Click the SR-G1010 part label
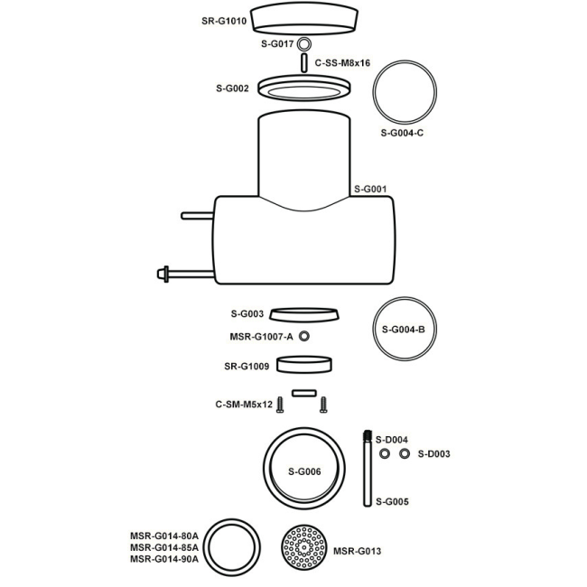coord(224,21)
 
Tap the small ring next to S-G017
coord(304,44)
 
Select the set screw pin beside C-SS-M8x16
coord(304,63)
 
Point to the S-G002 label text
coord(232,89)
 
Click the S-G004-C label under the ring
coord(402,133)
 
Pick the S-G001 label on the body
coord(370,189)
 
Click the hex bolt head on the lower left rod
coord(163,274)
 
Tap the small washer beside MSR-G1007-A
coord(304,336)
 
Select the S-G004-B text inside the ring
coord(403,330)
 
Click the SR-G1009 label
coord(247,366)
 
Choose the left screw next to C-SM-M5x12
coord(280,405)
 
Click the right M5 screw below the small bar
coord(323,405)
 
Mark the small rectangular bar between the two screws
coord(304,393)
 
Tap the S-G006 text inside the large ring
coord(304,471)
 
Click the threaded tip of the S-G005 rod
coord(368,436)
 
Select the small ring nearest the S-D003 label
coord(405,453)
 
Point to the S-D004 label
coord(392,440)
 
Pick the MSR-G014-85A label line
coord(164,547)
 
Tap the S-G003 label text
coord(247,313)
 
